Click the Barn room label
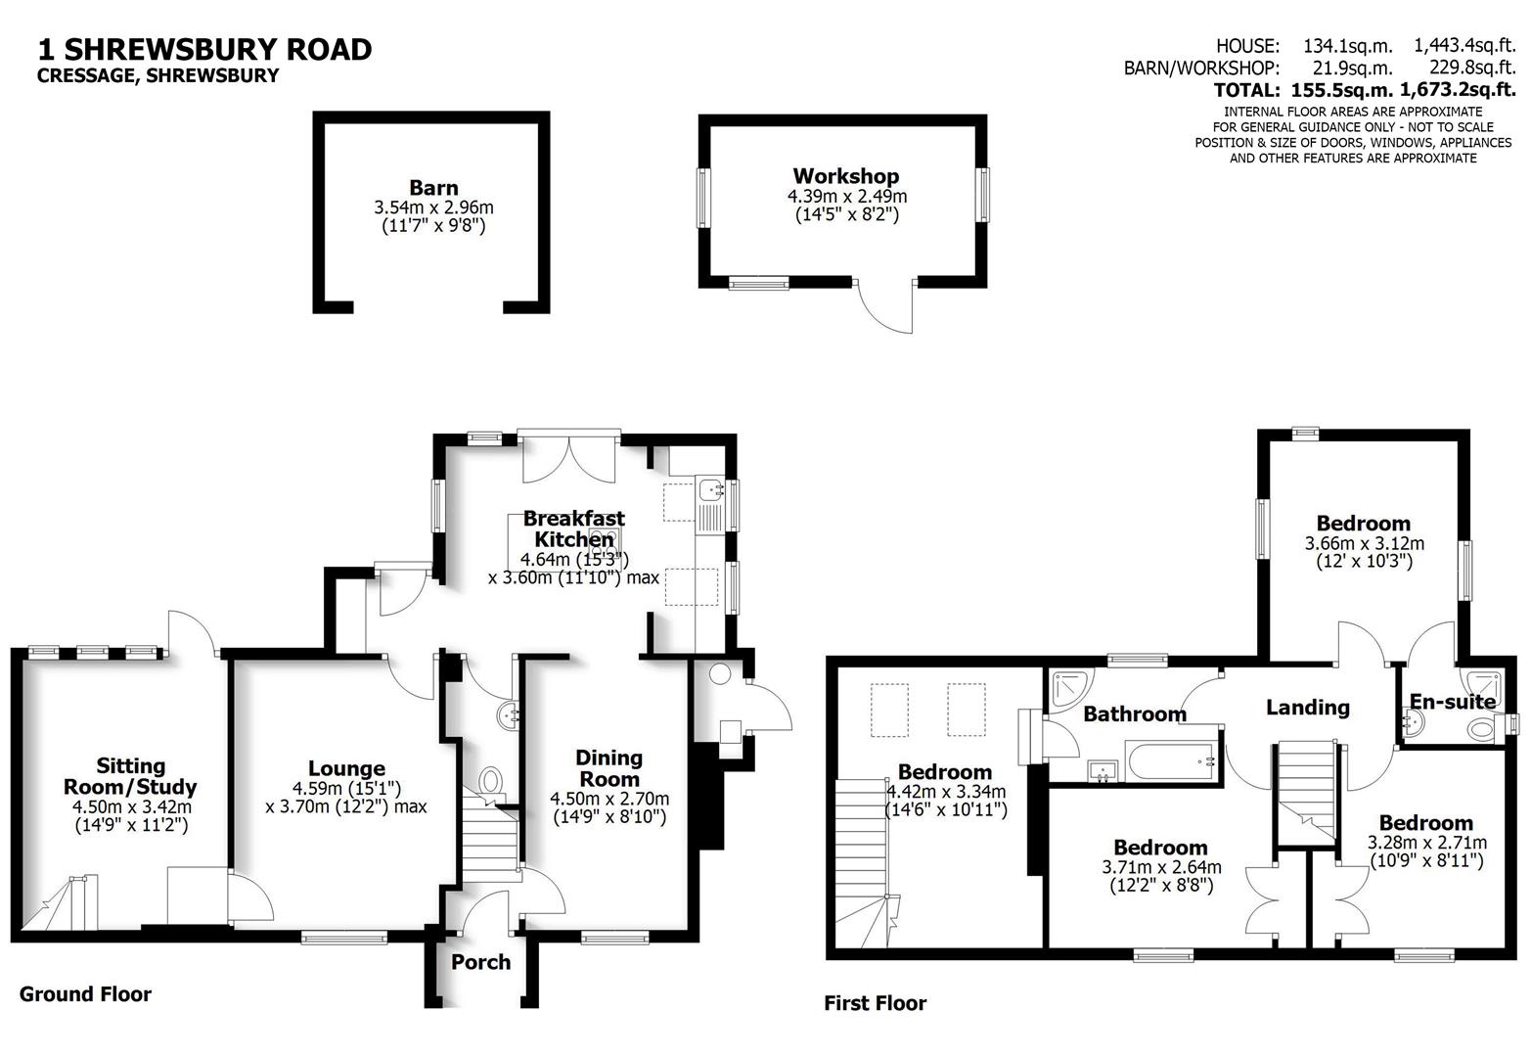pyautogui.click(x=433, y=187)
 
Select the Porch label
pyautogui.click(x=480, y=962)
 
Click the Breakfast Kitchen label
pyautogui.click(x=573, y=528)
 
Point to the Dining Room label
pyautogui.click(x=608, y=768)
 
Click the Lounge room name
pyautogui.click(x=346, y=768)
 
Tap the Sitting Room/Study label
pyautogui.click(x=130, y=776)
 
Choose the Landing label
pyautogui.click(x=1307, y=707)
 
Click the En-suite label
pyautogui.click(x=1452, y=701)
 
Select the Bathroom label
pyautogui.click(x=1134, y=714)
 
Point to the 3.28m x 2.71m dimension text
pyautogui.click(x=1426, y=843)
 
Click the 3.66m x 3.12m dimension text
pyautogui.click(x=1364, y=543)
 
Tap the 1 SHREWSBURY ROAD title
pyautogui.click(x=204, y=49)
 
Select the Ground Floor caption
pyautogui.click(x=85, y=994)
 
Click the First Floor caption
pyautogui.click(x=875, y=1002)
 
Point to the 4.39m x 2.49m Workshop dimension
pyautogui.click(x=846, y=196)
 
